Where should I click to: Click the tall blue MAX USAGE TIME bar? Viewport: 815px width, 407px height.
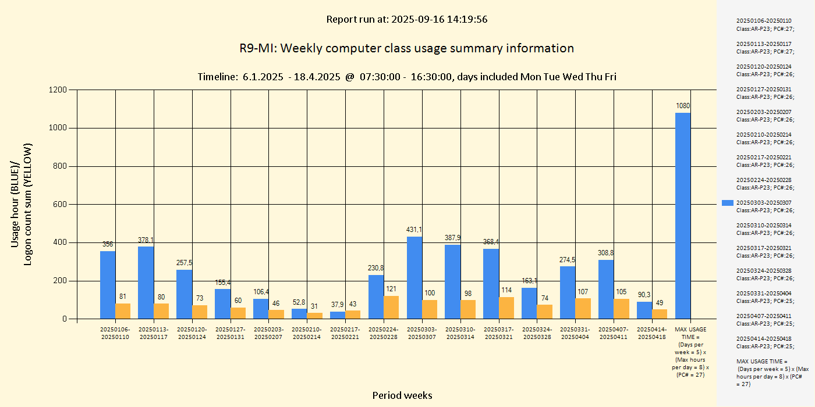[x=683, y=215]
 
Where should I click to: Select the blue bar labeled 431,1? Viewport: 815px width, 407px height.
[x=414, y=277]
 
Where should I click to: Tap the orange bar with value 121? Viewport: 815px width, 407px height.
[x=391, y=307]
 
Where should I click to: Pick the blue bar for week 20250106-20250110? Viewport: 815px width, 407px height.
[x=108, y=285]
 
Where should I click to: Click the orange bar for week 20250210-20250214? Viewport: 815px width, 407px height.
[x=315, y=316]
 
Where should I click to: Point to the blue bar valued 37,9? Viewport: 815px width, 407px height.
[x=338, y=315]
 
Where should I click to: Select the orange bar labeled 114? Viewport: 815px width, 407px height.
[x=506, y=308]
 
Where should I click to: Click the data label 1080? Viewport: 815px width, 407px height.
[x=683, y=106]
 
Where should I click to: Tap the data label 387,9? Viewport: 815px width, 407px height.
[x=453, y=238]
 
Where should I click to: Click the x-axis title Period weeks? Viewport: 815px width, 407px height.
[x=402, y=395]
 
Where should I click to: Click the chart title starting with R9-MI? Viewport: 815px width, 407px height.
[x=406, y=48]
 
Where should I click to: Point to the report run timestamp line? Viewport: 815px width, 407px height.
[x=406, y=19]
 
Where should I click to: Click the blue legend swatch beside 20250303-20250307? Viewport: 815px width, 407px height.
[x=727, y=203]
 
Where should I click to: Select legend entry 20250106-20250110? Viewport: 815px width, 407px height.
[x=764, y=24]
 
